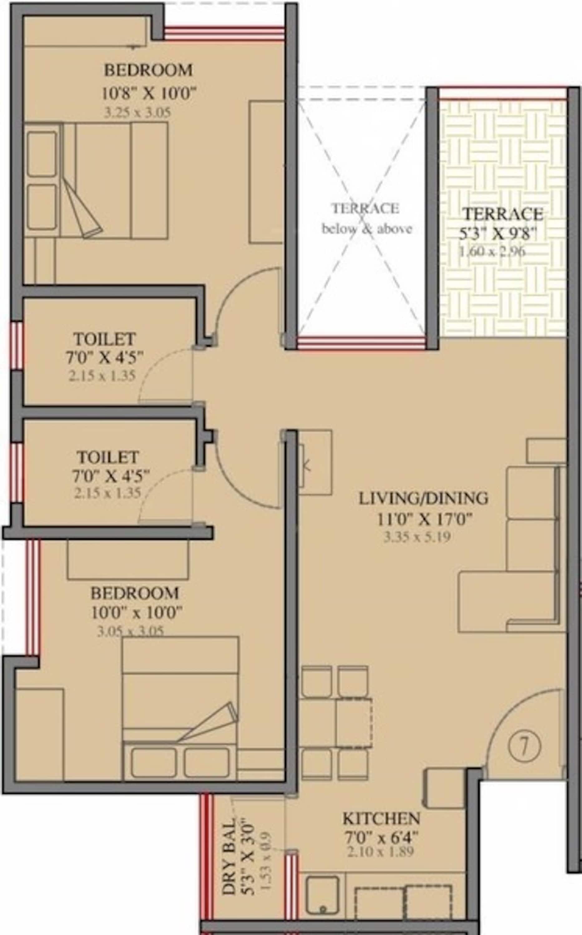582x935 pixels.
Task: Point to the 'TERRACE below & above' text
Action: [366, 218]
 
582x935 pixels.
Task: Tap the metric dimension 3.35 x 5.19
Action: [417, 537]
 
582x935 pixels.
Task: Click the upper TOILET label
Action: [105, 339]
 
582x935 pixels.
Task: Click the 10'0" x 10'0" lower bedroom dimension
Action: [136, 612]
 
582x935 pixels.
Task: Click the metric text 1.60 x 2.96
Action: [492, 252]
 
